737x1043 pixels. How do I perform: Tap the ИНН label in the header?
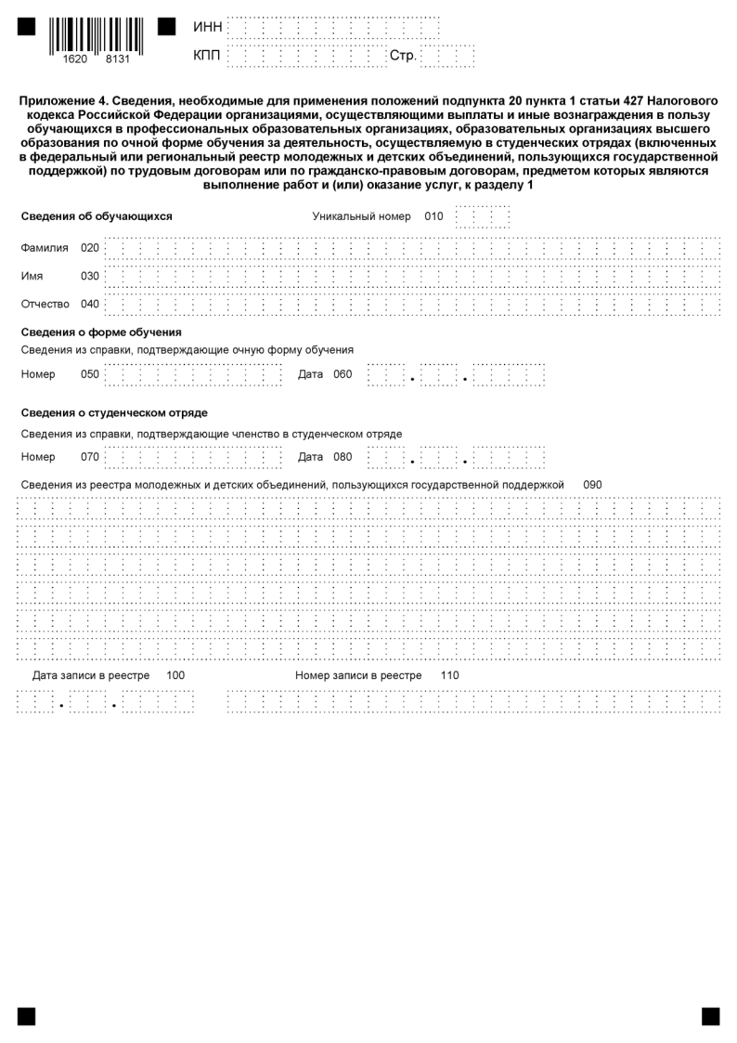tap(208, 28)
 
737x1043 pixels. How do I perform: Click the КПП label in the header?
tap(208, 57)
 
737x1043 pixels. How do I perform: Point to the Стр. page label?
tap(403, 57)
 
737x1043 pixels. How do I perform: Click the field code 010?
tap(434, 216)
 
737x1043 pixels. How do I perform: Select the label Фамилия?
tap(45, 248)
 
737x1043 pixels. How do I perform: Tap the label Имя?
tap(32, 276)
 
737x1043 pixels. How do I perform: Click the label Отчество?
tap(45, 304)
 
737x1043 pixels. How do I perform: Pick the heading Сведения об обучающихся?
tap(97, 216)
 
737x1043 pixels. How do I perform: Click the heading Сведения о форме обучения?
tap(100, 332)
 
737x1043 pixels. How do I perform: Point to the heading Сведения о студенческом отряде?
tap(114, 412)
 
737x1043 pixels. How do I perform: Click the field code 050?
tap(90, 374)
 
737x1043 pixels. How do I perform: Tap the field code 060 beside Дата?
tap(343, 374)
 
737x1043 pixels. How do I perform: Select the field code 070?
tap(90, 456)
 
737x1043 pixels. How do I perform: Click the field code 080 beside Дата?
tap(343, 456)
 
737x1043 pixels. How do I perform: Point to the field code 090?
tap(593, 485)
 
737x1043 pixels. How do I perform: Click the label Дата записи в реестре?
tap(91, 675)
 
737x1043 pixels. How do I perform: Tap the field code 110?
tap(450, 675)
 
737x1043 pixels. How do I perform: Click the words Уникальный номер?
tap(361, 216)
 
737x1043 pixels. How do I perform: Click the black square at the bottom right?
tap(711, 1016)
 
